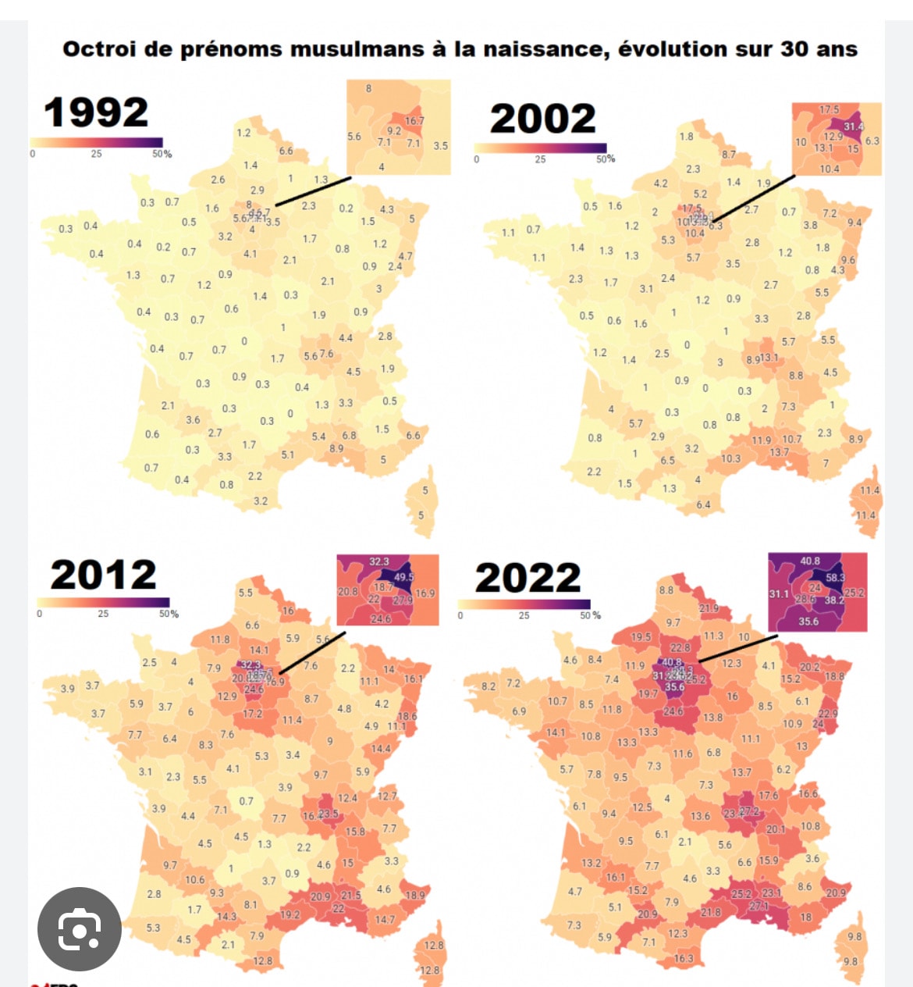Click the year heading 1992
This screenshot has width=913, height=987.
(96, 112)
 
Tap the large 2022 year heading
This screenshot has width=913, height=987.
(528, 579)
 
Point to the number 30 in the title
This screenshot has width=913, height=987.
(794, 49)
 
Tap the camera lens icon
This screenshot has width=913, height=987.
(80, 929)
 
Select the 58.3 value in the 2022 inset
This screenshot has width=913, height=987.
(835, 578)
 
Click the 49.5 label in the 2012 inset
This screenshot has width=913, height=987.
(403, 577)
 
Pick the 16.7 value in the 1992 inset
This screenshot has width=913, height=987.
(414, 121)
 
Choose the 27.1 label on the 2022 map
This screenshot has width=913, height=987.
(758, 906)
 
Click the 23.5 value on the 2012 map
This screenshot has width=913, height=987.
(329, 814)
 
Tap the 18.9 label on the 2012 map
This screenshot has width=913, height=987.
(415, 895)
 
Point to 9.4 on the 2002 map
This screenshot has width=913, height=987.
(854, 223)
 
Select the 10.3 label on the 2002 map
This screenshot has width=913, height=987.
(730, 458)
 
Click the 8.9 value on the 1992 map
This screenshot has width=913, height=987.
(336, 448)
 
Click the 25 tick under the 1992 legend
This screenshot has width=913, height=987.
(96, 154)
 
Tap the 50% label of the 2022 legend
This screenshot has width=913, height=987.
(591, 615)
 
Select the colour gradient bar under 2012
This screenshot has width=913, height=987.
(103, 602)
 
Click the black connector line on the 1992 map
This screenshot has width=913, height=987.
(312, 191)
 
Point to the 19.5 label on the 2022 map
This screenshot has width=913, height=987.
(641, 637)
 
